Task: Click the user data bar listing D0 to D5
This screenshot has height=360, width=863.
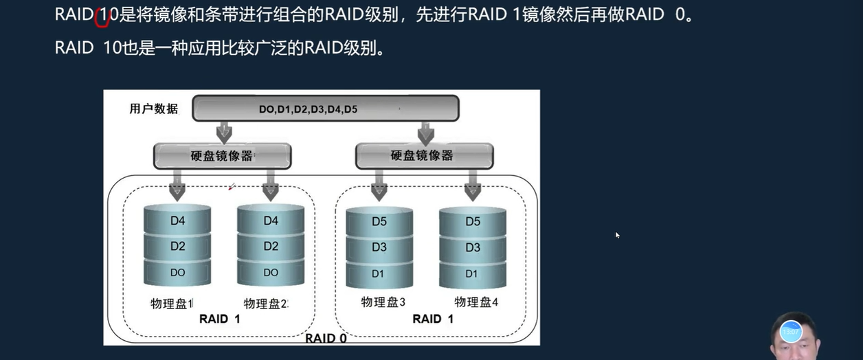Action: (325, 109)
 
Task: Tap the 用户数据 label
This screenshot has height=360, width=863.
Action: (154, 109)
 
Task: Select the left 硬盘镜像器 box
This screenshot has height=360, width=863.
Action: (222, 155)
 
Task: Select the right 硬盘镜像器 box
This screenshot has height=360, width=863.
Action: (423, 155)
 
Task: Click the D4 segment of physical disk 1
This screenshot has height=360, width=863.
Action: (177, 221)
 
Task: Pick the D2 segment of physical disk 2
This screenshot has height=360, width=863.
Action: (271, 246)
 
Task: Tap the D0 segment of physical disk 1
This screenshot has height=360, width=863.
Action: (177, 273)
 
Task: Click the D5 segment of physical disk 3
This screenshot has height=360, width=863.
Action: (379, 221)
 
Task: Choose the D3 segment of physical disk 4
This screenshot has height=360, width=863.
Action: (473, 247)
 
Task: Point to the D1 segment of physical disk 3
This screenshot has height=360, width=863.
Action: (379, 273)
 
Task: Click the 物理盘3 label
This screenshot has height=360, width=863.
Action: (383, 302)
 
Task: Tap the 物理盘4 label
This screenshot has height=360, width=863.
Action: (476, 302)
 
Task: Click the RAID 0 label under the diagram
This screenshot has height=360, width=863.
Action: (326, 338)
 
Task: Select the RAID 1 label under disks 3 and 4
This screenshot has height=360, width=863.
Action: (433, 319)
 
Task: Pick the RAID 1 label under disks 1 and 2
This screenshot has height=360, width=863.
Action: (219, 319)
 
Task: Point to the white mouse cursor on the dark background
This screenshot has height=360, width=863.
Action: (618, 235)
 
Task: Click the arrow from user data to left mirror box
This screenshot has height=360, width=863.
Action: (224, 132)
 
